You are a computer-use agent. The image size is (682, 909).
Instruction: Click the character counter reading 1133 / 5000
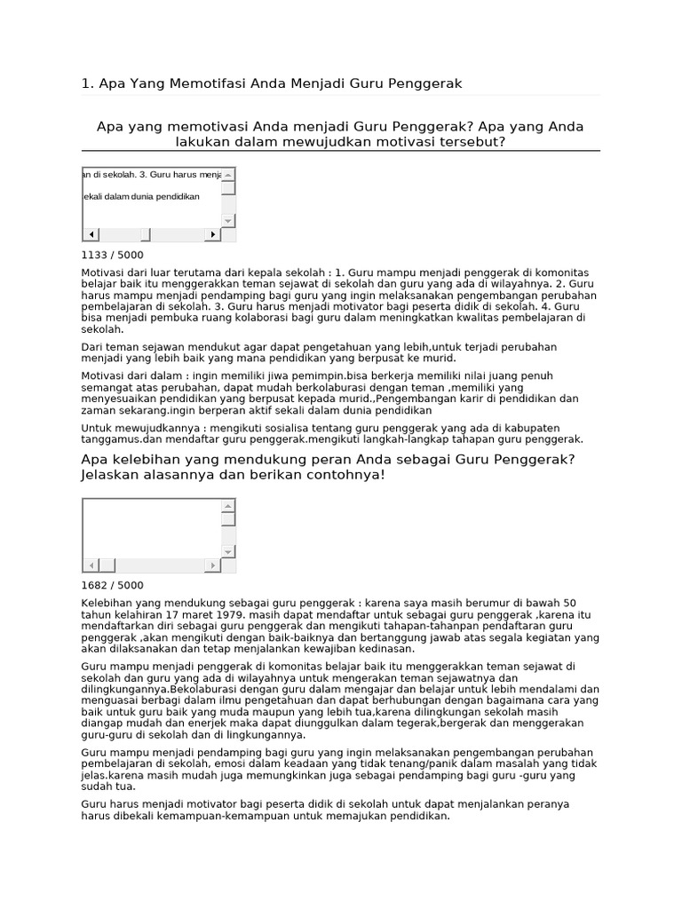tap(112, 255)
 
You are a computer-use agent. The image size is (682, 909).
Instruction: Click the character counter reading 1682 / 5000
tap(112, 585)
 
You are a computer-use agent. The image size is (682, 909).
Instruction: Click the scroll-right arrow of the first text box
tap(212, 234)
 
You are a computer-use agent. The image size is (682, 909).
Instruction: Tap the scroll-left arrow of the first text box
tap(91, 234)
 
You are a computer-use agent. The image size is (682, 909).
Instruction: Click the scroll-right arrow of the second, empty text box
tap(212, 565)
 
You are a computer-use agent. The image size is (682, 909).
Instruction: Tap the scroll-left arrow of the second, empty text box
tap(91, 565)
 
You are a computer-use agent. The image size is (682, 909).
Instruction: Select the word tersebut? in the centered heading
tap(469, 142)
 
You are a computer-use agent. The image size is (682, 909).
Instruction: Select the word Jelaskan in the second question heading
tap(109, 475)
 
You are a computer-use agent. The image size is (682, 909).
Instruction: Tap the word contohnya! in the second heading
tap(349, 475)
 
